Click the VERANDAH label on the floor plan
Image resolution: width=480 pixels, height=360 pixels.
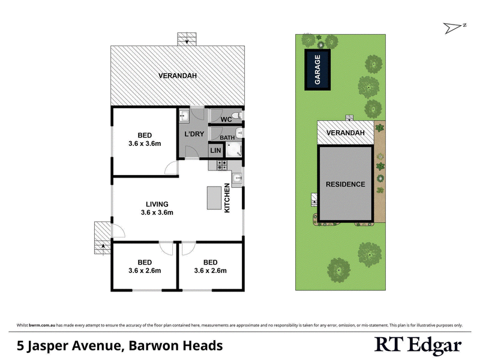(x=178, y=76)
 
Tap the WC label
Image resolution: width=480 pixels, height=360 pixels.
(x=226, y=120)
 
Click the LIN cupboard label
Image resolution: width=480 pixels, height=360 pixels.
(x=215, y=151)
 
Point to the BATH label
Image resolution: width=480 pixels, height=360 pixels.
(x=226, y=138)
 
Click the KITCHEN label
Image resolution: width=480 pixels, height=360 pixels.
(x=227, y=198)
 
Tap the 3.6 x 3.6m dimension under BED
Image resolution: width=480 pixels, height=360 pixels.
(x=145, y=143)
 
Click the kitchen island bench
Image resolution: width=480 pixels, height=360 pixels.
(x=213, y=198)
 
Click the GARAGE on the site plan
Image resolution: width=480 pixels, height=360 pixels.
(x=319, y=70)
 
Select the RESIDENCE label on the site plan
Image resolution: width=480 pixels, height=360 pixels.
(x=345, y=184)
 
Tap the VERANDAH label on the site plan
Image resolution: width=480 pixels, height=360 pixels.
(x=345, y=133)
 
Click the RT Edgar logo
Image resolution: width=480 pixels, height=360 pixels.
(x=418, y=345)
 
